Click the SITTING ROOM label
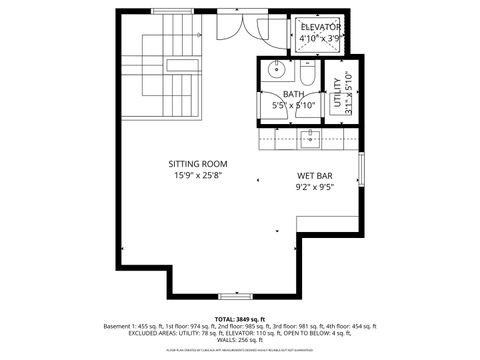click(198, 164)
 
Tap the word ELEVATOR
click(320, 26)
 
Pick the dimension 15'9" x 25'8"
click(198, 175)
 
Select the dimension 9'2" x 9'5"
click(314, 186)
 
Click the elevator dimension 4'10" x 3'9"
click(320, 38)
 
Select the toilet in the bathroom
click(307, 73)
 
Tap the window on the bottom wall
click(234, 297)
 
